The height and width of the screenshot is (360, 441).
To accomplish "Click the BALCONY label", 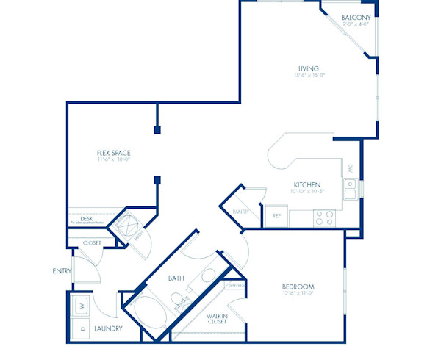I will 355,17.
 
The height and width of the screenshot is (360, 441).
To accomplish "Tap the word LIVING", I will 308,68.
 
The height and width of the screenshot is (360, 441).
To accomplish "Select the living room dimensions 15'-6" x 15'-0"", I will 308,76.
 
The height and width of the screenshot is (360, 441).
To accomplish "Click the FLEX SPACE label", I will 114,153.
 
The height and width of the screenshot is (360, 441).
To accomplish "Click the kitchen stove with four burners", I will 324,217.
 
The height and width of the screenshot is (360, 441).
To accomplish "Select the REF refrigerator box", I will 277,216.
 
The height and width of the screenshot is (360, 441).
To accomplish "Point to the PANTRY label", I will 241,212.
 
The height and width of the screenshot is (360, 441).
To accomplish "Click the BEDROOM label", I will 298,286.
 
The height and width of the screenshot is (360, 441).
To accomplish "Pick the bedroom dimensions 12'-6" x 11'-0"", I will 298,293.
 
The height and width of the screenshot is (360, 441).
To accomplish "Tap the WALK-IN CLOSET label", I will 216,319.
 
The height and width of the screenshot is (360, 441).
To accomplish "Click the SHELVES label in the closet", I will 237,286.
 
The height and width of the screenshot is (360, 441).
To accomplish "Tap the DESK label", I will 86,218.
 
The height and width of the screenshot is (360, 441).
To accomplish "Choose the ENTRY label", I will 62,271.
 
